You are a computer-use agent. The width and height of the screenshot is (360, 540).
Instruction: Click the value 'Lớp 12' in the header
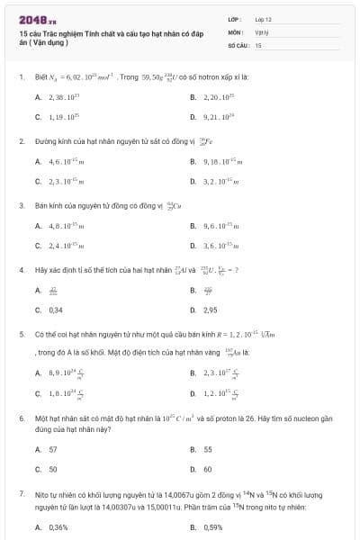pyautogui.click(x=263, y=19)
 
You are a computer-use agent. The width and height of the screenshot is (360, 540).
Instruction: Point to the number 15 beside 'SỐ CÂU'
pyautogui.click(x=258, y=44)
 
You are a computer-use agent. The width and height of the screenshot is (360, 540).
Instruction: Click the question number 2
pyautogui.click(x=21, y=141)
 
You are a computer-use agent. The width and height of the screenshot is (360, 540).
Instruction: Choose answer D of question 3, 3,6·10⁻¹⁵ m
pyautogui.click(x=220, y=246)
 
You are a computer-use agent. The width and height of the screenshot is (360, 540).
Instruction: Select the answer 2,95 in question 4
pyautogui.click(x=211, y=310)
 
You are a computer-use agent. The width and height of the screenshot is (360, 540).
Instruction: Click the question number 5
pyautogui.click(x=21, y=333)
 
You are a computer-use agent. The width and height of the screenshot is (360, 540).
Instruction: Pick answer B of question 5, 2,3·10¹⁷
pyautogui.click(x=220, y=372)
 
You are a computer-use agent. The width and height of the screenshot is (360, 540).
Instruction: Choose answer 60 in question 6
pyautogui.click(x=208, y=469)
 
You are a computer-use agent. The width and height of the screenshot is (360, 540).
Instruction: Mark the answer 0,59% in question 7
pyautogui.click(x=213, y=527)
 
